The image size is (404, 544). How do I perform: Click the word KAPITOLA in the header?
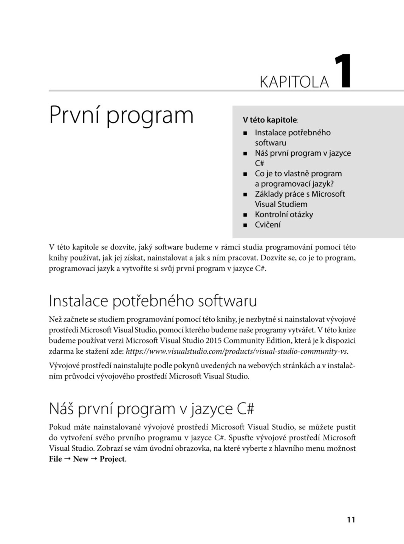point(294,82)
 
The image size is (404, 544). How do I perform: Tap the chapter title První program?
point(121,116)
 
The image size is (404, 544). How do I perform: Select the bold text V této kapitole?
point(269,120)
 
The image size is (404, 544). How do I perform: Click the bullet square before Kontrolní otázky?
point(245,215)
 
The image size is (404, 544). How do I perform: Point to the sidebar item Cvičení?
point(268,225)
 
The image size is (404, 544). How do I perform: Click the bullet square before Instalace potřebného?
point(245,133)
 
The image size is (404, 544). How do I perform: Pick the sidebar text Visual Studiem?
point(281,204)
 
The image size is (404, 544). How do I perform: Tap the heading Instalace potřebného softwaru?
point(153,301)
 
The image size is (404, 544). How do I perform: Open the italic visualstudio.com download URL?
point(236,351)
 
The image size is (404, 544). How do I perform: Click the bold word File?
point(55,459)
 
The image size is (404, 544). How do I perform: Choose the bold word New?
point(80,459)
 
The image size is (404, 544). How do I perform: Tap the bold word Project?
point(112,459)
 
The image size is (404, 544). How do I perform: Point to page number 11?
point(351,520)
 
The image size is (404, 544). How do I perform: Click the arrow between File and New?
point(67,459)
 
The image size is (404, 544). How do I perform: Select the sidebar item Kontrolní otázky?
point(284,215)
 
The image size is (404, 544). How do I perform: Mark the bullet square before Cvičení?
point(245,225)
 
